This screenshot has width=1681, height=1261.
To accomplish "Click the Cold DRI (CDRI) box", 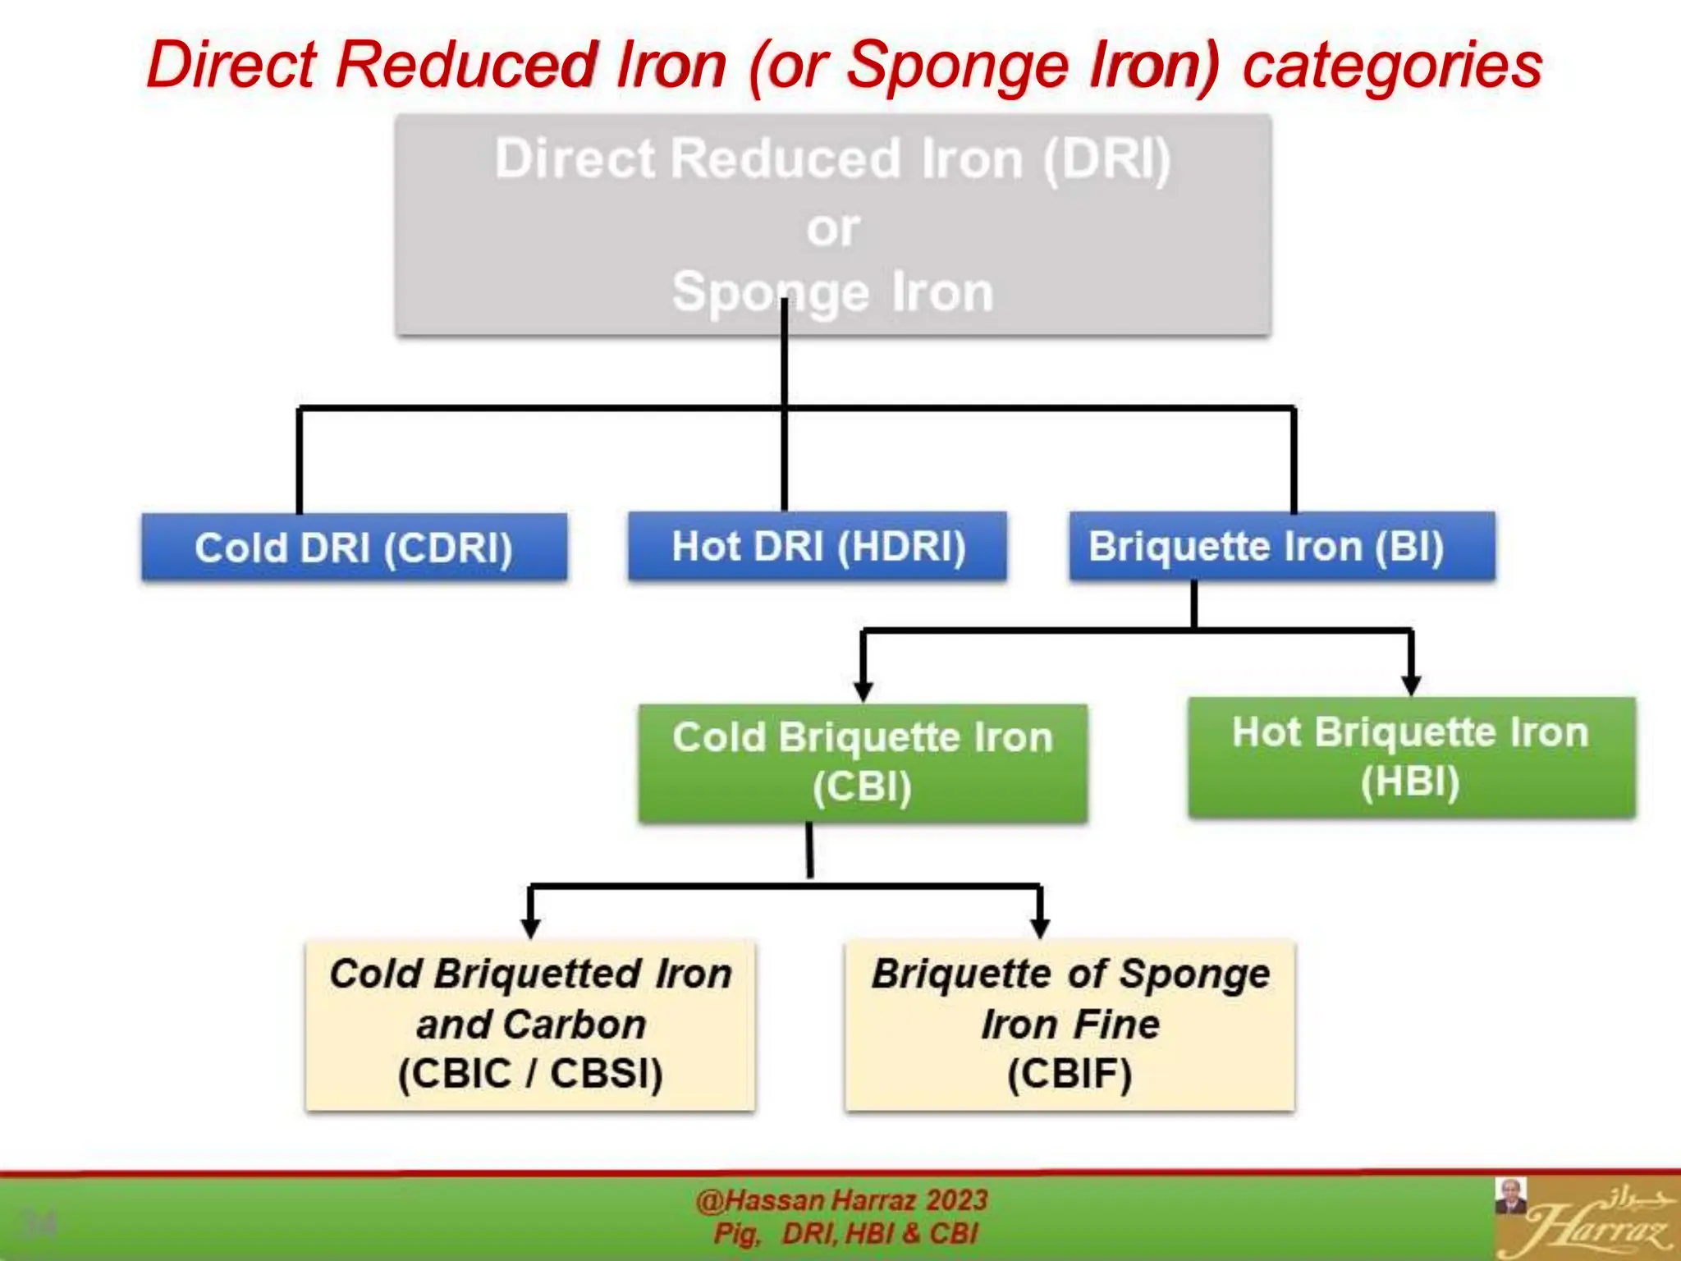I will (354, 548).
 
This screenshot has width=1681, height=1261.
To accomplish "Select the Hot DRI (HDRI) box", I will (818, 546).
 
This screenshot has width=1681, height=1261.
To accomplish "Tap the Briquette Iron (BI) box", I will (1281, 546).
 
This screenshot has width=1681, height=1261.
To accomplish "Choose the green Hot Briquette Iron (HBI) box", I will (1411, 756).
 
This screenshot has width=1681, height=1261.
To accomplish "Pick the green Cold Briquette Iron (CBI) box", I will (863, 763).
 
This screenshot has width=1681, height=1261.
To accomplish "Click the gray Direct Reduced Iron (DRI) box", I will (833, 224).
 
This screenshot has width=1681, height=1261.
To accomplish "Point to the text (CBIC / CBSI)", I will (530, 1073).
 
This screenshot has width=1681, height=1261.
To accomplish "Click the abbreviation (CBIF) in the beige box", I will (1070, 1074).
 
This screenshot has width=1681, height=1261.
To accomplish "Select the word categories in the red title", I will (1392, 65).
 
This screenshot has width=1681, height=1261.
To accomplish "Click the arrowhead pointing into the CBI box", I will (863, 691).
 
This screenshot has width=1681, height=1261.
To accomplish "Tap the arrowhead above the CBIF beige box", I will (1040, 928).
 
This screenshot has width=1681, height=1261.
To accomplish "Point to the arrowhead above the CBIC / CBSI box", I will (530, 928).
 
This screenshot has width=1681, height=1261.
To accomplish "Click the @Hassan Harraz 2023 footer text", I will (841, 1200).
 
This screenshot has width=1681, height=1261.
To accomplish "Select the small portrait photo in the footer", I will (1509, 1196).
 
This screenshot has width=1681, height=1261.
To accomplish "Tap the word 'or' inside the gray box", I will (833, 227).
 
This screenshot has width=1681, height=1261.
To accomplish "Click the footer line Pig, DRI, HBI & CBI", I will (845, 1233).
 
